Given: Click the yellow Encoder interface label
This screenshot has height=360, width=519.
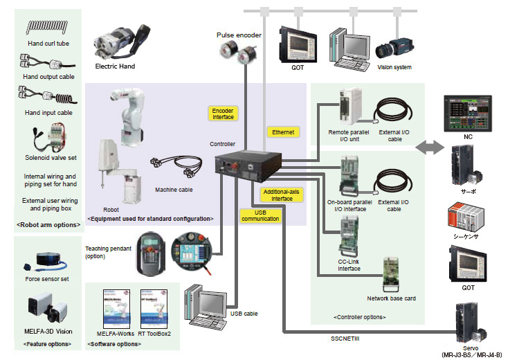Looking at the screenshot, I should (x=222, y=113).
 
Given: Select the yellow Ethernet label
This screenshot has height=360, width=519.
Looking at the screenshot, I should (x=282, y=132).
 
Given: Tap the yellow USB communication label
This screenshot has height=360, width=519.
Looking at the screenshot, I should (x=261, y=215).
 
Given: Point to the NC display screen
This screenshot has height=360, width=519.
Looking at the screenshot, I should (x=468, y=113).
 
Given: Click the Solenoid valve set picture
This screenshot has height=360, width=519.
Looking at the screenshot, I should (x=45, y=139).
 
